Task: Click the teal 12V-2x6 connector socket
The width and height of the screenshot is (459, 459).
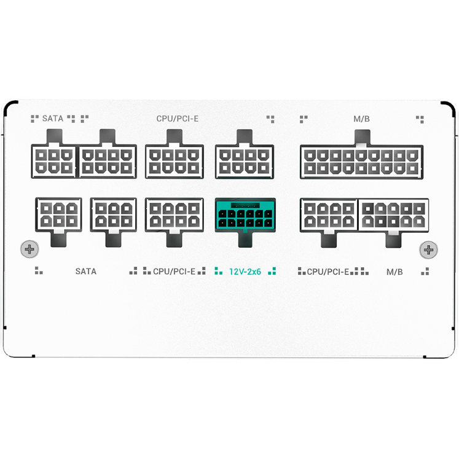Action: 245,215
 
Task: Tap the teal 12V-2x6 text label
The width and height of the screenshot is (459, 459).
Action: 245,272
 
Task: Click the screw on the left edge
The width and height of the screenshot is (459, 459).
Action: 29,249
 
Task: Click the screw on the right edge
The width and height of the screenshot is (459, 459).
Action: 428,249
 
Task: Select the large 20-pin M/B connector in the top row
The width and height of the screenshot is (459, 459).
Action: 361,162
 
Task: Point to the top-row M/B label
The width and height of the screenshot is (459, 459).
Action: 361,119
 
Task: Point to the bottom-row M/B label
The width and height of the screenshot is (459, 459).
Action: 394,272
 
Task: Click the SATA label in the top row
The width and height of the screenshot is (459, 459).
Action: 53,119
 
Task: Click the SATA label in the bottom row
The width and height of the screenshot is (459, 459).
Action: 86,272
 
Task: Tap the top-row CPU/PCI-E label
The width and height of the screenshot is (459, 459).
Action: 178,119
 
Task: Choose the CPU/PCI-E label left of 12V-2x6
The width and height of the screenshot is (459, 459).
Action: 174,272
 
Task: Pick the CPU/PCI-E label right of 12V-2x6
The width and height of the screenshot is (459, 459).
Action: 328,272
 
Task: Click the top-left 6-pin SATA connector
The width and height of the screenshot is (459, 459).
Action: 53,161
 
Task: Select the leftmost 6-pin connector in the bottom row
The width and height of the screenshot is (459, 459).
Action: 58,215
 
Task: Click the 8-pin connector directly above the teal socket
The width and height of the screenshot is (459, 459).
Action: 245,162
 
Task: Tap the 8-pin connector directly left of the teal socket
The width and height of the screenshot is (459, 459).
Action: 175,215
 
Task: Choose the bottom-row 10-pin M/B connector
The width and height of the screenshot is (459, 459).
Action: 393,216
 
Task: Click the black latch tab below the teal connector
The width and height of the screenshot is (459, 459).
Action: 245,240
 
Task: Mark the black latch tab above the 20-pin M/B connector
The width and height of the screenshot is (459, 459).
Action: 362,137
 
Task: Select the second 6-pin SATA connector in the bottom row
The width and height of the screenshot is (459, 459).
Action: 114,215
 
